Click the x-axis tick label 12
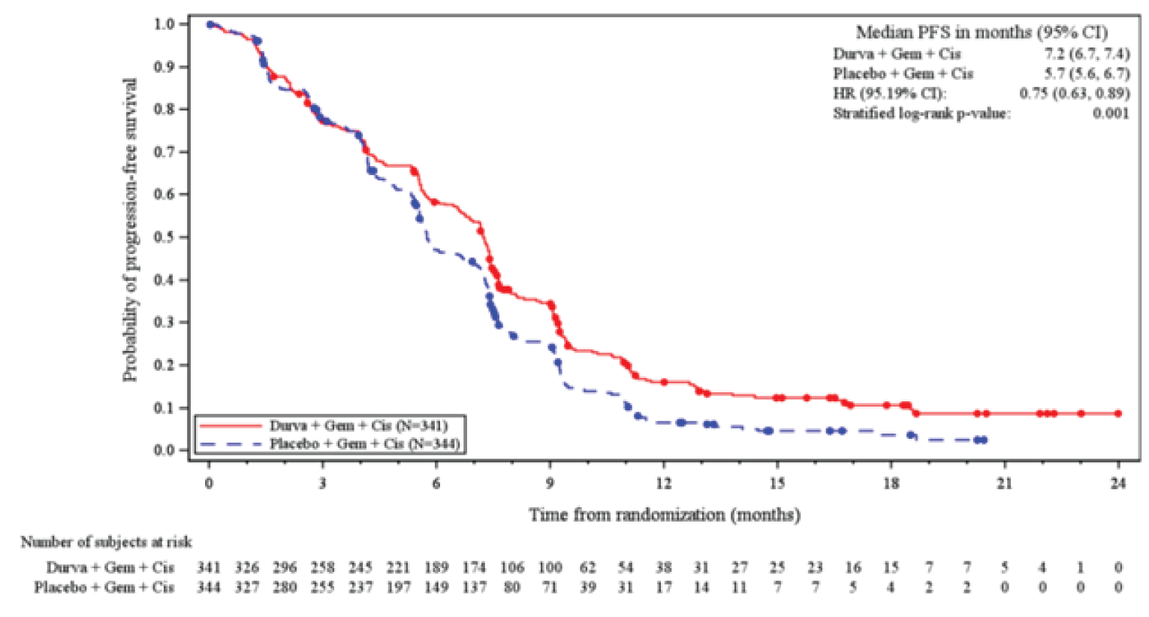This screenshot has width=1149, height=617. (x=663, y=483)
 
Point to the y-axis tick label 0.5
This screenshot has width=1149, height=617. (x=165, y=237)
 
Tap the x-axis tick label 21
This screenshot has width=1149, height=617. (x=1004, y=483)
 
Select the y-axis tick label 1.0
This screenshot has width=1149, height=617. (x=165, y=24)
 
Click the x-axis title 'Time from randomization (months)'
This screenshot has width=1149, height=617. (x=664, y=515)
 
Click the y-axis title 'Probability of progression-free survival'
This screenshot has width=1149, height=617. (x=130, y=230)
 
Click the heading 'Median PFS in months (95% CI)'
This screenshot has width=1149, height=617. (x=981, y=32)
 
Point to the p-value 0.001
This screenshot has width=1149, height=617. (x=1111, y=113)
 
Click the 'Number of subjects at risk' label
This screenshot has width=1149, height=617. (x=106, y=542)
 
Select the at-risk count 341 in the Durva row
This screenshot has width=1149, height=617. (x=209, y=567)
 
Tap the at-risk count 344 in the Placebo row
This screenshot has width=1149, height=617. (x=209, y=587)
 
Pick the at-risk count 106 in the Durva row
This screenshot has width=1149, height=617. (x=512, y=567)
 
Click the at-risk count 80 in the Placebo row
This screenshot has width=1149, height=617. (x=512, y=587)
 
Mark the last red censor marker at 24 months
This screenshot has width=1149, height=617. (x=1117, y=413)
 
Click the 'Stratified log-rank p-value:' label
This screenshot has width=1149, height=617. (x=921, y=113)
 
